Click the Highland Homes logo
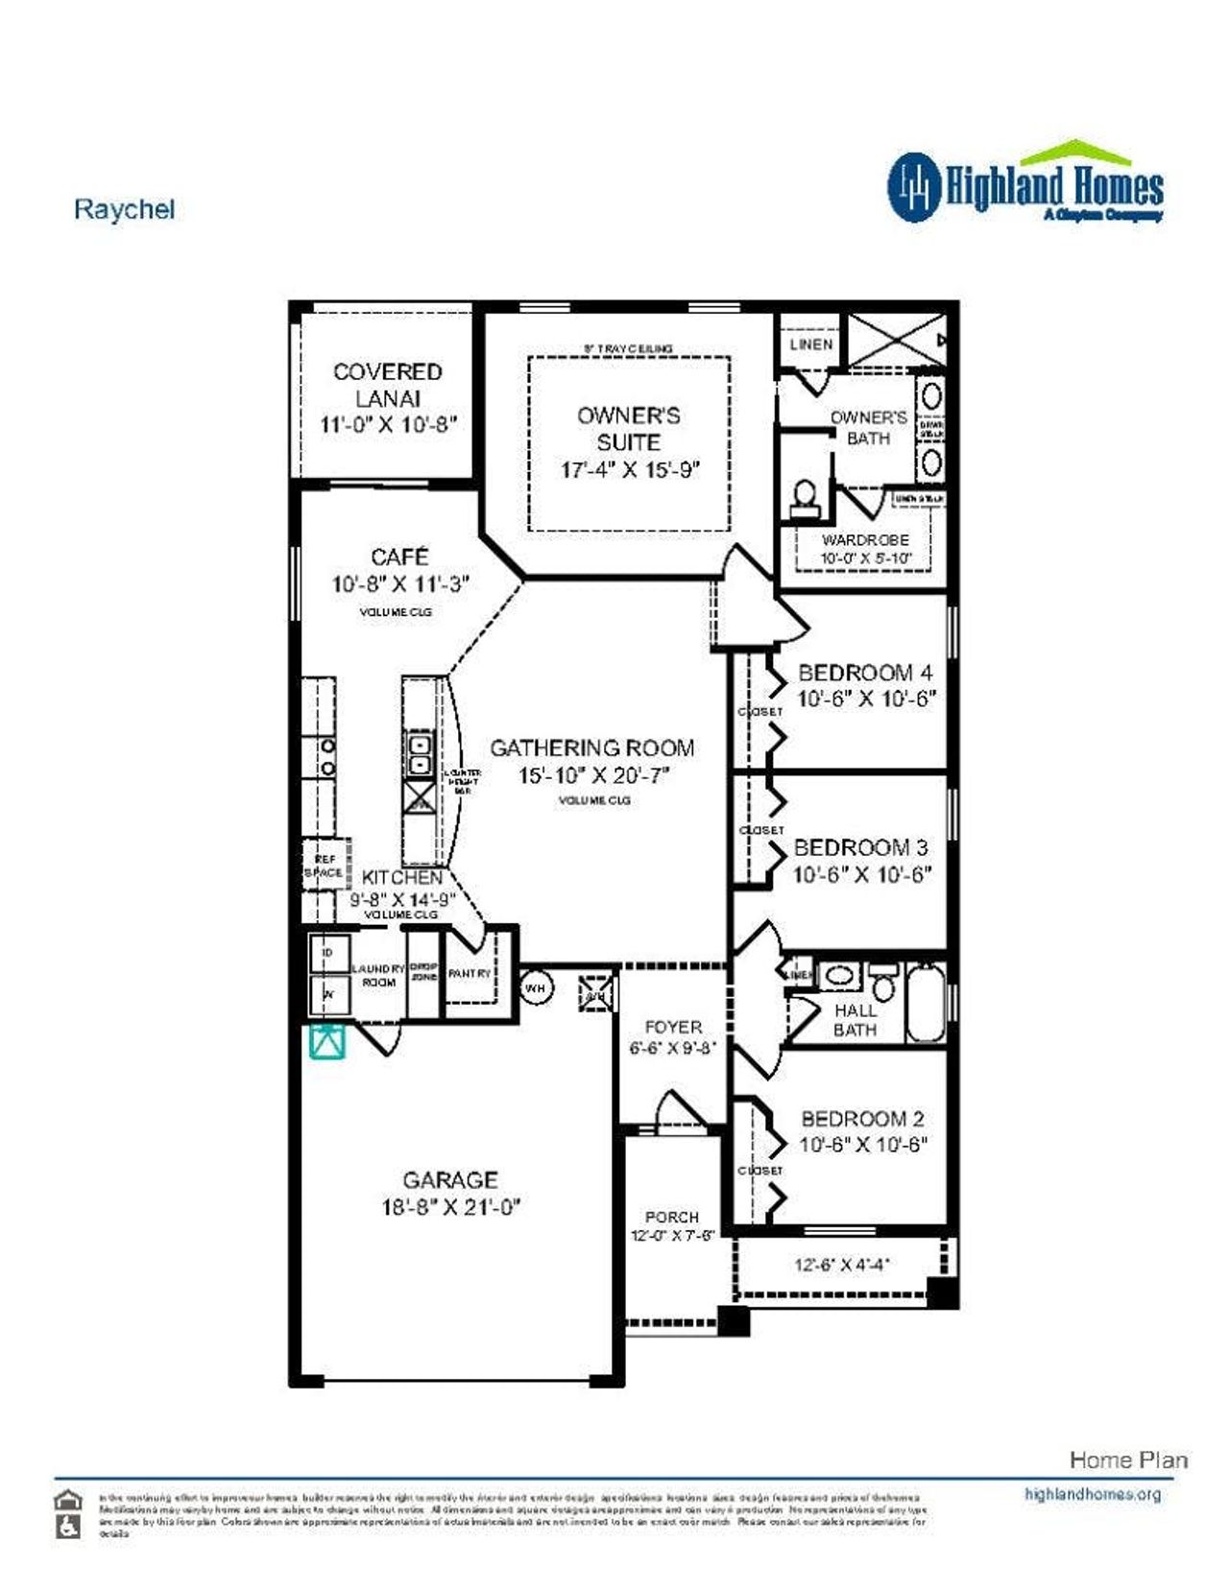[x=1024, y=184]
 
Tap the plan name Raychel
[x=124, y=209]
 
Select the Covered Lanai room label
[x=387, y=385]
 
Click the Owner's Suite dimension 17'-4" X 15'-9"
[x=630, y=470]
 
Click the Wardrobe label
[x=864, y=540]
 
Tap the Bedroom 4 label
[x=864, y=673]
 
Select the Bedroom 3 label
[x=860, y=847]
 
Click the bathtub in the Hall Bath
[x=927, y=1003]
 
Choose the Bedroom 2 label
[x=862, y=1119]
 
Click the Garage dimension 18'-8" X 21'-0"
[x=450, y=1207]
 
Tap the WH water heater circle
[x=536, y=987]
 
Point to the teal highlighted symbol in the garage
[x=327, y=1041]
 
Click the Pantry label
[x=470, y=973]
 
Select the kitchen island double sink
[x=420, y=754]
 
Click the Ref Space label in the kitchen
[x=324, y=866]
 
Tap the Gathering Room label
[x=591, y=747]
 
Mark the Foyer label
[x=673, y=1027]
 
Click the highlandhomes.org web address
[x=1092, y=1494]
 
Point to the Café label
[x=399, y=557]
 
